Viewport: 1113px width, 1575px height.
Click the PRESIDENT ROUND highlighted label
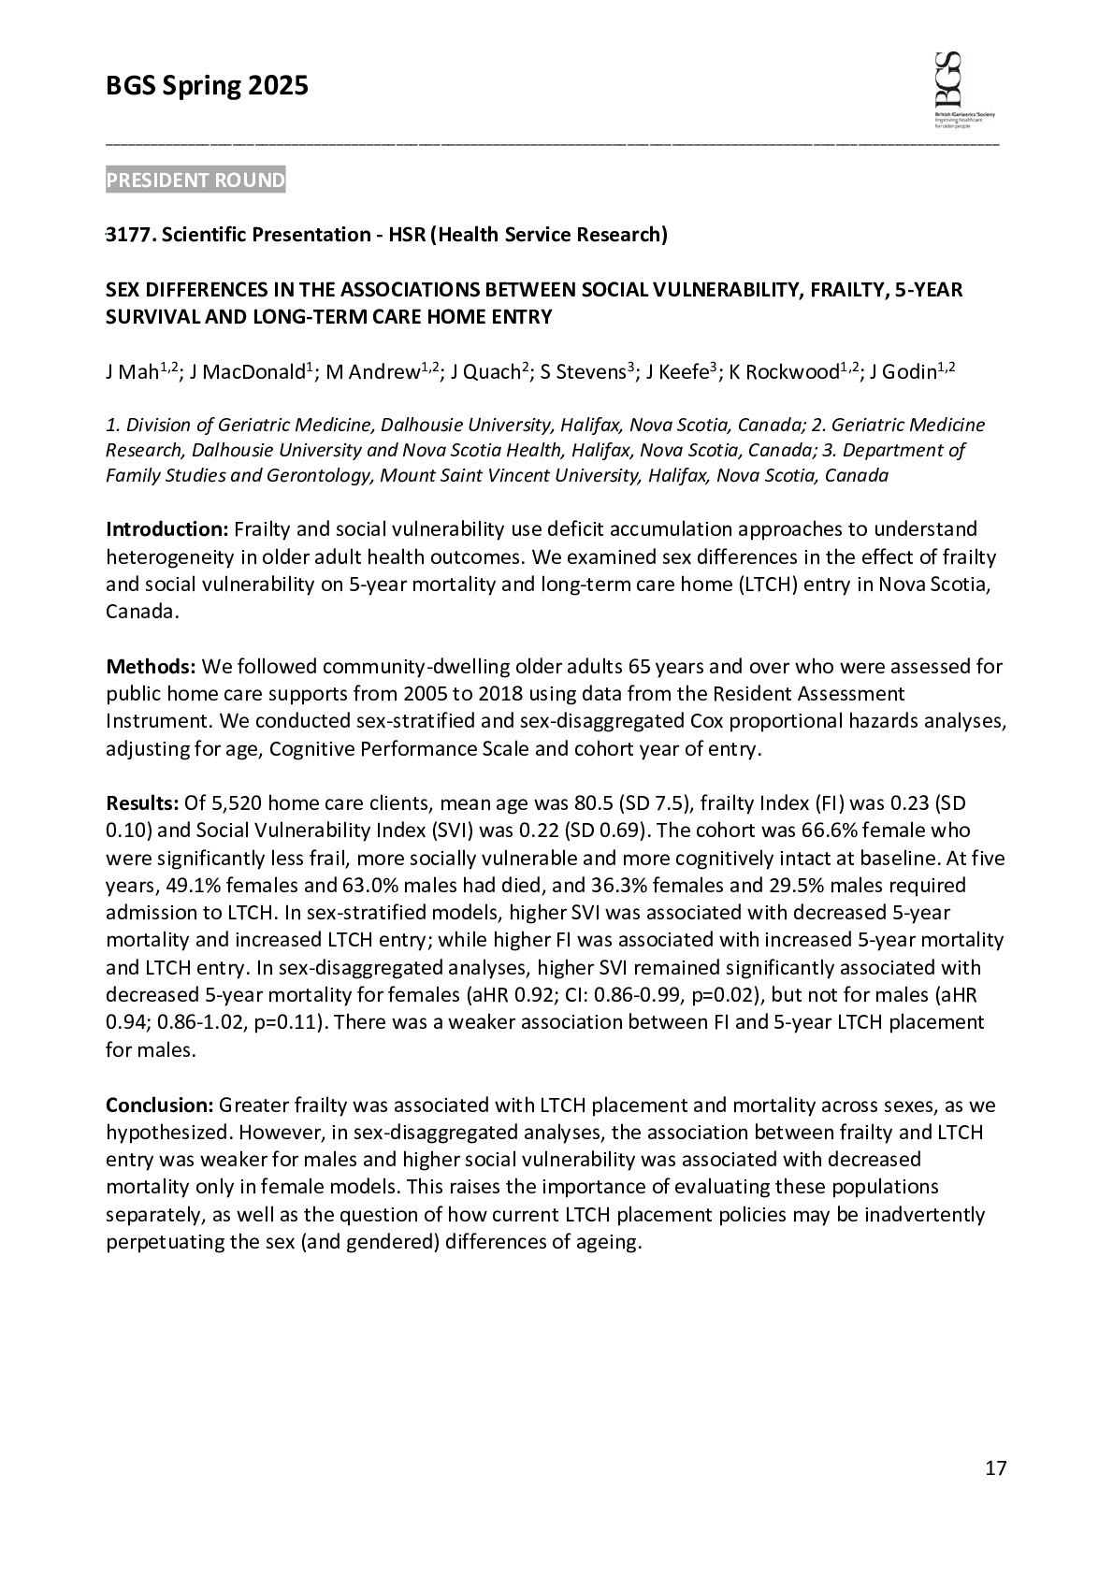[195, 180]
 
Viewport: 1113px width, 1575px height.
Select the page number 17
[995, 1468]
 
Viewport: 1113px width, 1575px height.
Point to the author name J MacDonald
[247, 373]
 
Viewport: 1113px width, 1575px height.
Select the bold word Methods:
[150, 667]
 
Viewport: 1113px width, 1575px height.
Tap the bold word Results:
[142, 803]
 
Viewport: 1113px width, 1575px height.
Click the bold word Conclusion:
[160, 1105]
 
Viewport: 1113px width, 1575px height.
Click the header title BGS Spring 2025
[207, 87]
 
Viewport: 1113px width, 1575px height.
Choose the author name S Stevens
[585, 373]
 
